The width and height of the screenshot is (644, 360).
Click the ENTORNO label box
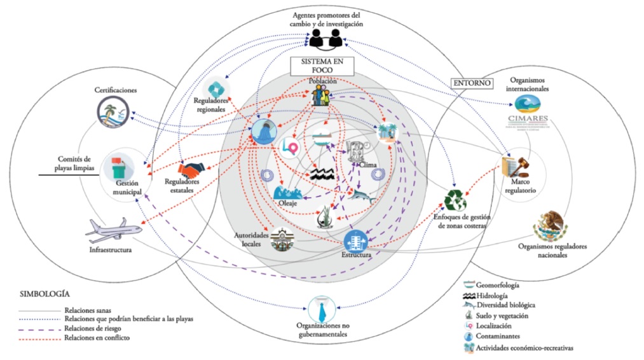[x=472, y=83]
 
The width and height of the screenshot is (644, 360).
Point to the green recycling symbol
[x=455, y=200]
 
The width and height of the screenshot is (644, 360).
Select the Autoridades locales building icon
[x=282, y=242]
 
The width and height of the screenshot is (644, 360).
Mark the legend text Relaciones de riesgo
[x=96, y=329]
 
